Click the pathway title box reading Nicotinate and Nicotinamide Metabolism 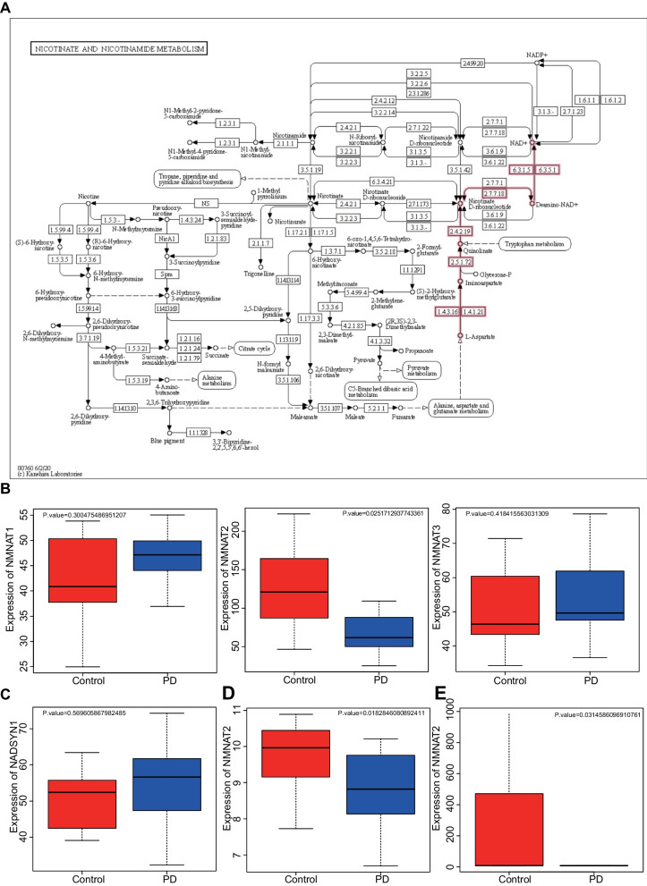click(119, 46)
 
